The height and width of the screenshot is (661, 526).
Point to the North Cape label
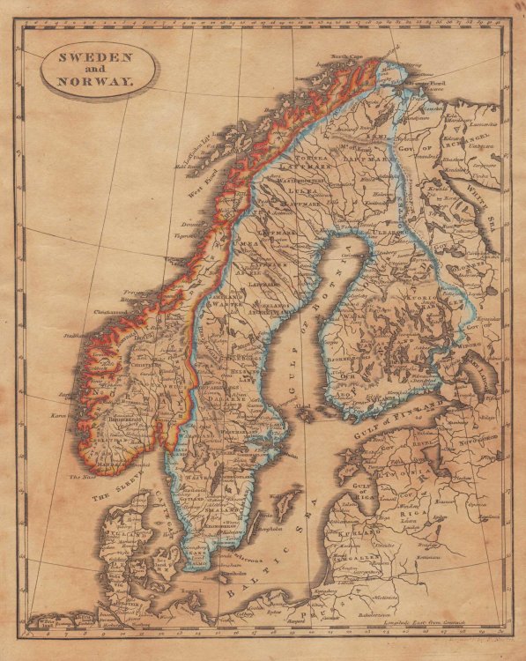347,57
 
